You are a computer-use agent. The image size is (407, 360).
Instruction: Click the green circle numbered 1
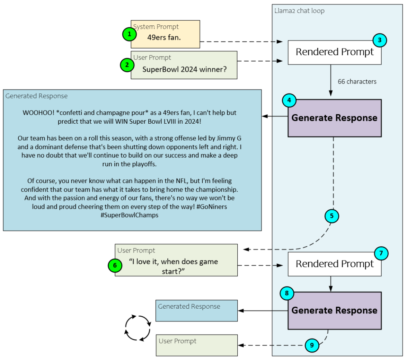coord(129,35)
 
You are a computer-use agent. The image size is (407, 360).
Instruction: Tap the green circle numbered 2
coord(127,65)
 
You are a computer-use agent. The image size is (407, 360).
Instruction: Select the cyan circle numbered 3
coord(380,40)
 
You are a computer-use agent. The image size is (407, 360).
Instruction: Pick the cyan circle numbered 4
coord(289,100)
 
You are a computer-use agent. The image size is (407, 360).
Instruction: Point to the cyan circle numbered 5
coord(331,216)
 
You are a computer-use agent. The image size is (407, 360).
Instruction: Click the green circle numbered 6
coord(115,265)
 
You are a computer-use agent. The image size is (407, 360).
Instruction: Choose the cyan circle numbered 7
coord(381,253)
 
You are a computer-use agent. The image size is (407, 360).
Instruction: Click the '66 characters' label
coord(357,82)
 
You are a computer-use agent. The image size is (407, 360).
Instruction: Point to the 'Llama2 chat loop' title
coord(299,11)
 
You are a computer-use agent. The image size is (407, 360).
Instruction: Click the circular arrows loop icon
coord(138,328)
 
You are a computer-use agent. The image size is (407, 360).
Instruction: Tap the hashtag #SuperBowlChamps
coord(132,215)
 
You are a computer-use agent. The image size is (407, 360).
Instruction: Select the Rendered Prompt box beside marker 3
coord(334,52)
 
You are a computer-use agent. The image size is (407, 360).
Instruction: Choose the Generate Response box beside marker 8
coord(334,311)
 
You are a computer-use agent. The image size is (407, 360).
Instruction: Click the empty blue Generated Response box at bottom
coord(196,311)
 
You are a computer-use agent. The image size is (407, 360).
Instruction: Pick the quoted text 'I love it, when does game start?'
coord(173,266)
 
